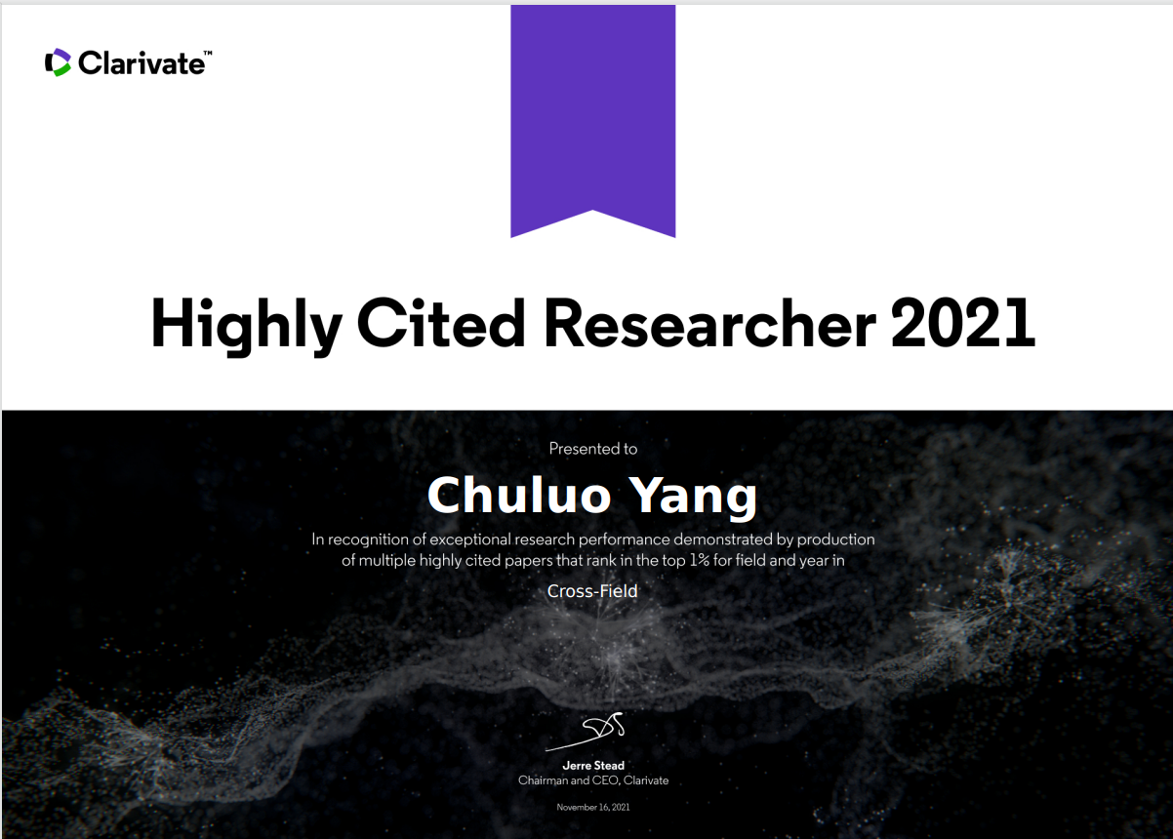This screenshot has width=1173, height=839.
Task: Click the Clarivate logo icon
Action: [58, 62]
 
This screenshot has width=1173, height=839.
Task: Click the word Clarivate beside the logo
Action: [142, 63]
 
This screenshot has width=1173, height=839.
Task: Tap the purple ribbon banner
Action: [592, 121]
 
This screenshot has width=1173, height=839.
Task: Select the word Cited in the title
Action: [441, 322]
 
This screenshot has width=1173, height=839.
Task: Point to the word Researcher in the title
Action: [709, 322]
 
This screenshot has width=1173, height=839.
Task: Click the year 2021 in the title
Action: [962, 322]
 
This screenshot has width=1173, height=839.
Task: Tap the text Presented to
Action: [592, 449]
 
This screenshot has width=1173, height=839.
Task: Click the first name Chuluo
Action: [519, 496]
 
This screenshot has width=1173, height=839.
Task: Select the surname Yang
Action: [692, 499]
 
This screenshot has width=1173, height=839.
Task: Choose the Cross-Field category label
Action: [592, 591]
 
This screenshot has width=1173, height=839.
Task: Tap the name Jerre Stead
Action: [593, 765]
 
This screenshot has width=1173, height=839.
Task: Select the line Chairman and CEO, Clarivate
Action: [593, 780]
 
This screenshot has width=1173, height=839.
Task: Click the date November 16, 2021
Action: [592, 807]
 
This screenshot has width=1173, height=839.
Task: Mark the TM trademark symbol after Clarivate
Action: [208, 53]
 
